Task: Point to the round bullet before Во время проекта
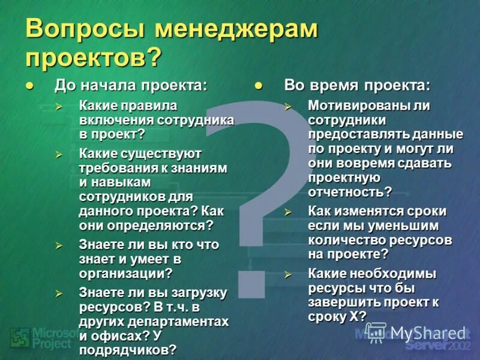(x=259, y=86)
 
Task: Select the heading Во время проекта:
(x=357, y=85)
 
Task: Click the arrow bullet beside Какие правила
(x=59, y=106)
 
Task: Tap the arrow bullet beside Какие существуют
(x=59, y=155)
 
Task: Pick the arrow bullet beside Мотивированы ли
(x=288, y=106)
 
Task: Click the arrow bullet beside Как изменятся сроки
(x=288, y=212)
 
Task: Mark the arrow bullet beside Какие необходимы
(x=288, y=274)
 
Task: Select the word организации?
(x=125, y=273)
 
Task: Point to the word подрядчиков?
(x=128, y=350)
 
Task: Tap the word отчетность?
(x=350, y=192)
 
